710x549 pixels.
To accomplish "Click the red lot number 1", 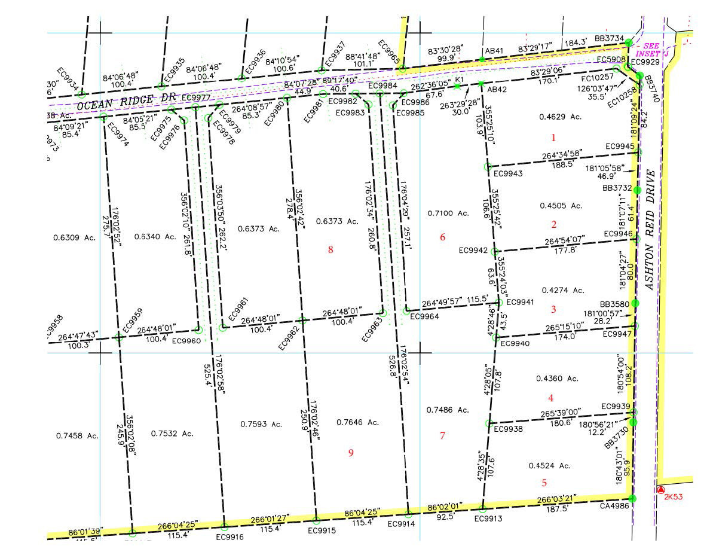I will tap(553, 138).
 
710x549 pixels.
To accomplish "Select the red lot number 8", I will tap(330, 250).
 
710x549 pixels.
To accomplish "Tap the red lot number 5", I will tap(544, 483).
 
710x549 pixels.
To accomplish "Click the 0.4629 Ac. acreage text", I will tap(560, 117).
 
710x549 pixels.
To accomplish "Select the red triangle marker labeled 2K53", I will tap(660, 490).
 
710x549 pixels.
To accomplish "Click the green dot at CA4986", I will tap(632, 498).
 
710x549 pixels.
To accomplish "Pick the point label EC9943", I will tap(508, 174).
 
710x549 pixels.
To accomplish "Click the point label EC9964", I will tap(424, 317).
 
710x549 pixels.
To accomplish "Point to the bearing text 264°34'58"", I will tap(563, 155).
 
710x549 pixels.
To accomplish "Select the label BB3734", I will tap(609, 38).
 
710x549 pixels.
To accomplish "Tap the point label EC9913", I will tap(488, 519).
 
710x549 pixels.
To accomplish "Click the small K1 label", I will tap(460, 80).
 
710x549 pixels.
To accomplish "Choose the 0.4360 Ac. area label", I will tap(557, 379).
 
